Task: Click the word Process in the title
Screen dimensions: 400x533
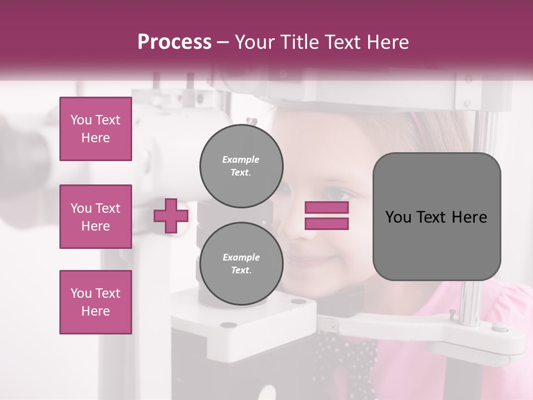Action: (174, 42)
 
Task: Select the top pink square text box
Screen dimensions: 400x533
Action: (95, 129)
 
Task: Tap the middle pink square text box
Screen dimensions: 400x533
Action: (95, 217)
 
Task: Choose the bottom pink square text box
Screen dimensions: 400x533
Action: (95, 302)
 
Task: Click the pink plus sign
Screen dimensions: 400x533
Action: (171, 216)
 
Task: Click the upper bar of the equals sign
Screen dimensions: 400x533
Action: (326, 208)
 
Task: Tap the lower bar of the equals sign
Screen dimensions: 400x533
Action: (326, 223)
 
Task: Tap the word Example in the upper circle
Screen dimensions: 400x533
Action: (241, 159)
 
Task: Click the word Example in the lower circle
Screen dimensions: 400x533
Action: (241, 257)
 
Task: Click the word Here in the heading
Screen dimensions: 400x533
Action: (386, 42)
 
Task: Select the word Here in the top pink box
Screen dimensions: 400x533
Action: (95, 138)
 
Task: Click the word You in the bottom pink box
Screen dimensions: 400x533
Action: (81, 293)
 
